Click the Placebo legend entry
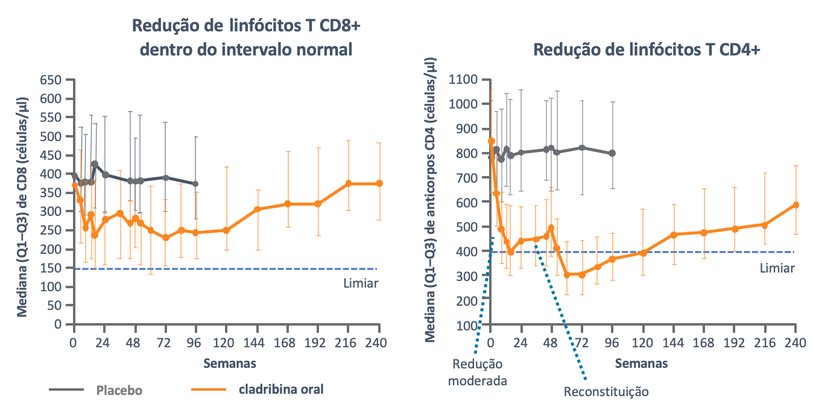point(119,389)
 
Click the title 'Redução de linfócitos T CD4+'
point(647,50)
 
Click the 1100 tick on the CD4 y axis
point(463,80)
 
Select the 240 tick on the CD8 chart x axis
point(379,340)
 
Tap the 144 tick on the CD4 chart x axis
point(673,342)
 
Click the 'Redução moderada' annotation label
point(478,373)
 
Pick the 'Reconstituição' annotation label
point(606,392)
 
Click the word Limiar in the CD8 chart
point(360,283)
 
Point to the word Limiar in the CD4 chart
point(777,268)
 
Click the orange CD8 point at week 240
point(379,183)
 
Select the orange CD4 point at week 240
point(796,205)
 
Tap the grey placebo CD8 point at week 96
point(195,184)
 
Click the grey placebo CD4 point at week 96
point(612,153)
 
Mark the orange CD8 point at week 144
point(258,209)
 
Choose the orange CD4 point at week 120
point(643,253)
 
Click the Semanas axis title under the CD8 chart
point(229,364)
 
